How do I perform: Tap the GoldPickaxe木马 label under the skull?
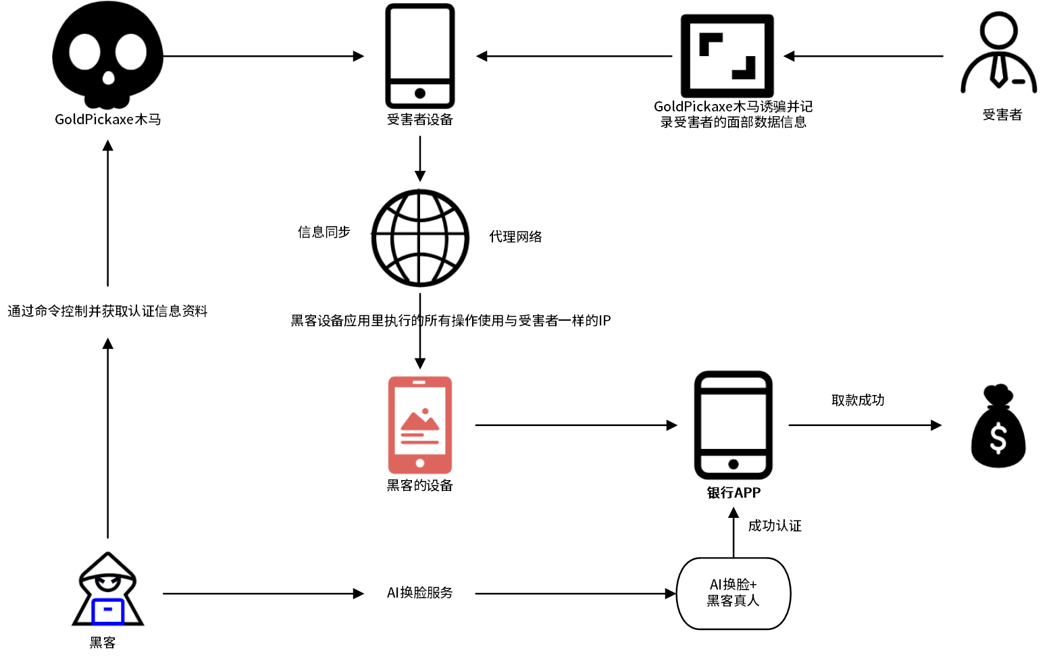point(108,120)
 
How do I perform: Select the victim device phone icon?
point(419,56)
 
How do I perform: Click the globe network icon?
point(419,237)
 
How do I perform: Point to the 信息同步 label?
point(324,232)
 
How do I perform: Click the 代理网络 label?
point(515,237)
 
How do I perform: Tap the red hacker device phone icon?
point(419,425)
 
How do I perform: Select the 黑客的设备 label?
point(419,485)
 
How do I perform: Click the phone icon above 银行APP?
point(734,425)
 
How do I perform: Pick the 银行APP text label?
point(734,493)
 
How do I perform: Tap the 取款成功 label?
point(858,400)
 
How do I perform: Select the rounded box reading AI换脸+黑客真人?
point(734,593)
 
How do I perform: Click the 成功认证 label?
point(775,526)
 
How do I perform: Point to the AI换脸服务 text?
point(419,593)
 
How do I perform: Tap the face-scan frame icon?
point(727,56)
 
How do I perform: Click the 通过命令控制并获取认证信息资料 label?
point(108,311)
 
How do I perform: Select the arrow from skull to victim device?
point(263,56)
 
